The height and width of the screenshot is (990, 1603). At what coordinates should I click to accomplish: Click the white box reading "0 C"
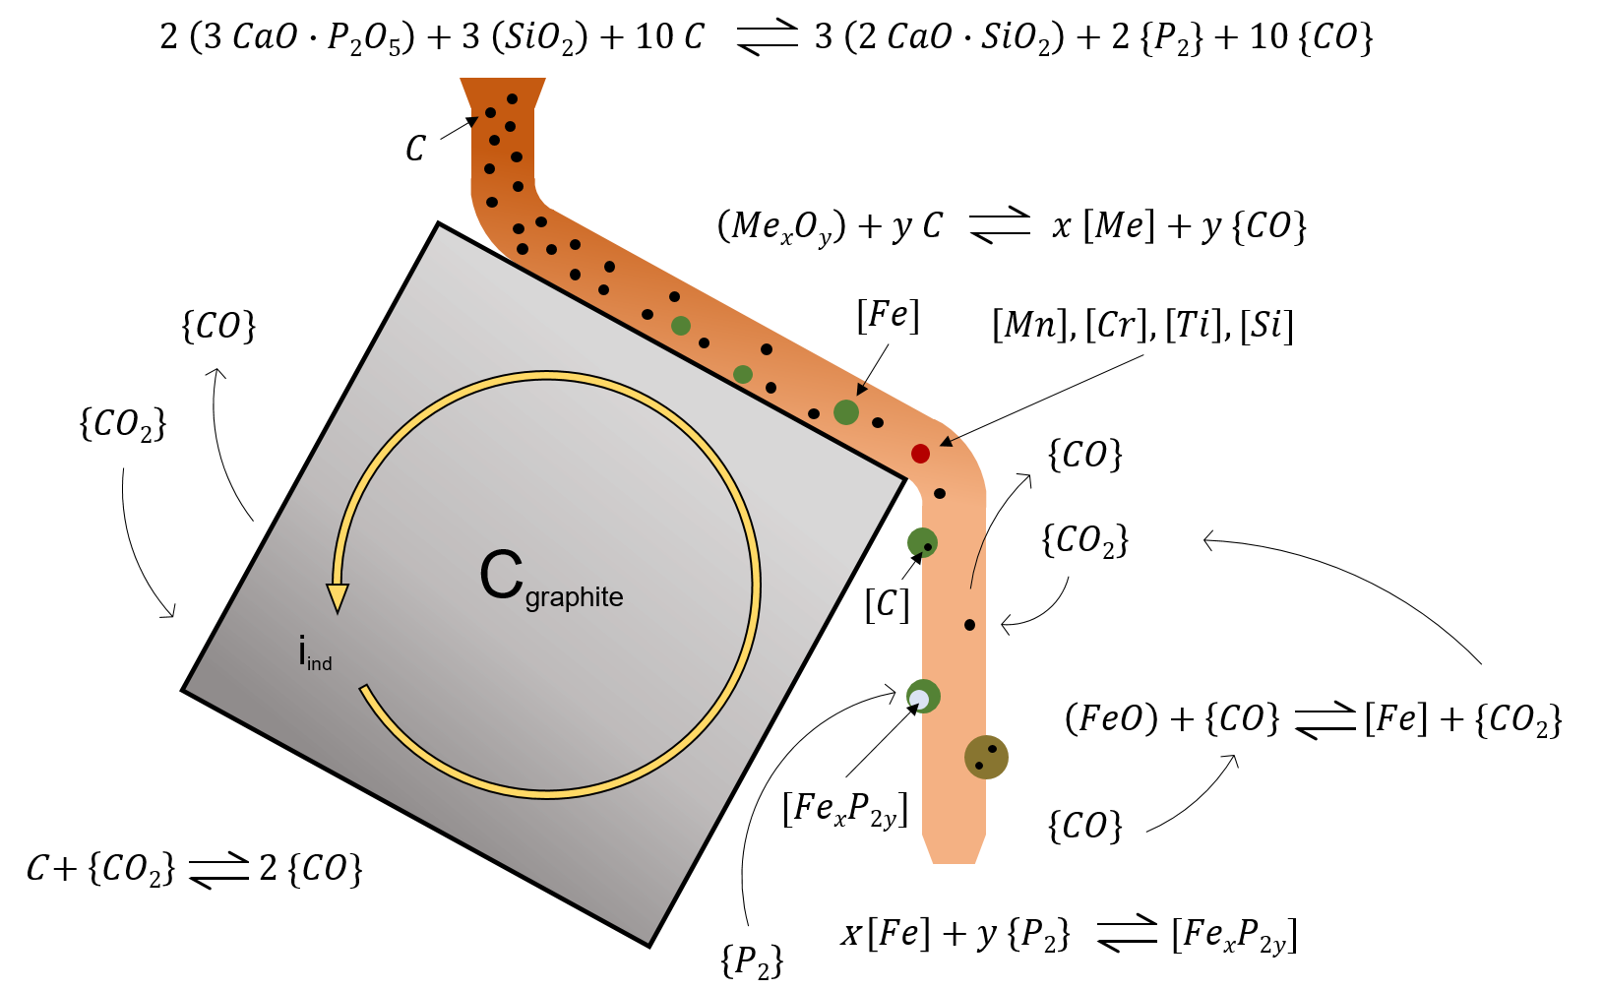[x=697, y=36]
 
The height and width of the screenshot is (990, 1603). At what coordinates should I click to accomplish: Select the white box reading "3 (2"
[x=836, y=36]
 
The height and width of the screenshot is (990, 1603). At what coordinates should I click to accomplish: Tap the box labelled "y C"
[x=930, y=225]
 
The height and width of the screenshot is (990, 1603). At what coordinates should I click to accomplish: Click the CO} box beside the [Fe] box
[x=1255, y=719]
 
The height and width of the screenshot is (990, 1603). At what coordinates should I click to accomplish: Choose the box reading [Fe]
[x=1393, y=718]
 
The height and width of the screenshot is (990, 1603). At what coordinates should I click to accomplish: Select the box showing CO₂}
[x=149, y=869]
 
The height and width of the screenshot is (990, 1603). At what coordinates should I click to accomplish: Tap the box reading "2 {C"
[x=287, y=868]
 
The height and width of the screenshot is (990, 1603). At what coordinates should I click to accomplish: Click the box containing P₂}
[x=1057, y=932]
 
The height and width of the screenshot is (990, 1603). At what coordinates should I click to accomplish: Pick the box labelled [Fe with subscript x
[x=1196, y=931]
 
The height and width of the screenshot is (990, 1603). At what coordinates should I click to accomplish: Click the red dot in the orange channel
[x=920, y=454]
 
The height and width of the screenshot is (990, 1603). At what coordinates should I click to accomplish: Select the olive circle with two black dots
[x=986, y=757]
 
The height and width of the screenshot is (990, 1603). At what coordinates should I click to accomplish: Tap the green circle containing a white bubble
[x=923, y=697]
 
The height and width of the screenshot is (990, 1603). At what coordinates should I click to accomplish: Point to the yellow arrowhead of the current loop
[x=338, y=597]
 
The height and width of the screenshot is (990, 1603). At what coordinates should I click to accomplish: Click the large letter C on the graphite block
[x=501, y=575]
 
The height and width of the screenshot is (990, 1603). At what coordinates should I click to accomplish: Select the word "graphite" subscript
[x=574, y=598]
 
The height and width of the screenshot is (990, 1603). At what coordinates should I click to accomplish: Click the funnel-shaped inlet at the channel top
[x=503, y=93]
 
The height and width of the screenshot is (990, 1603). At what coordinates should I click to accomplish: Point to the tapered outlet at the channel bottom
[x=953, y=848]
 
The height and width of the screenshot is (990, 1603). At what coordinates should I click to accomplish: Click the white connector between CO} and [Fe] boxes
[x=1325, y=720]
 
